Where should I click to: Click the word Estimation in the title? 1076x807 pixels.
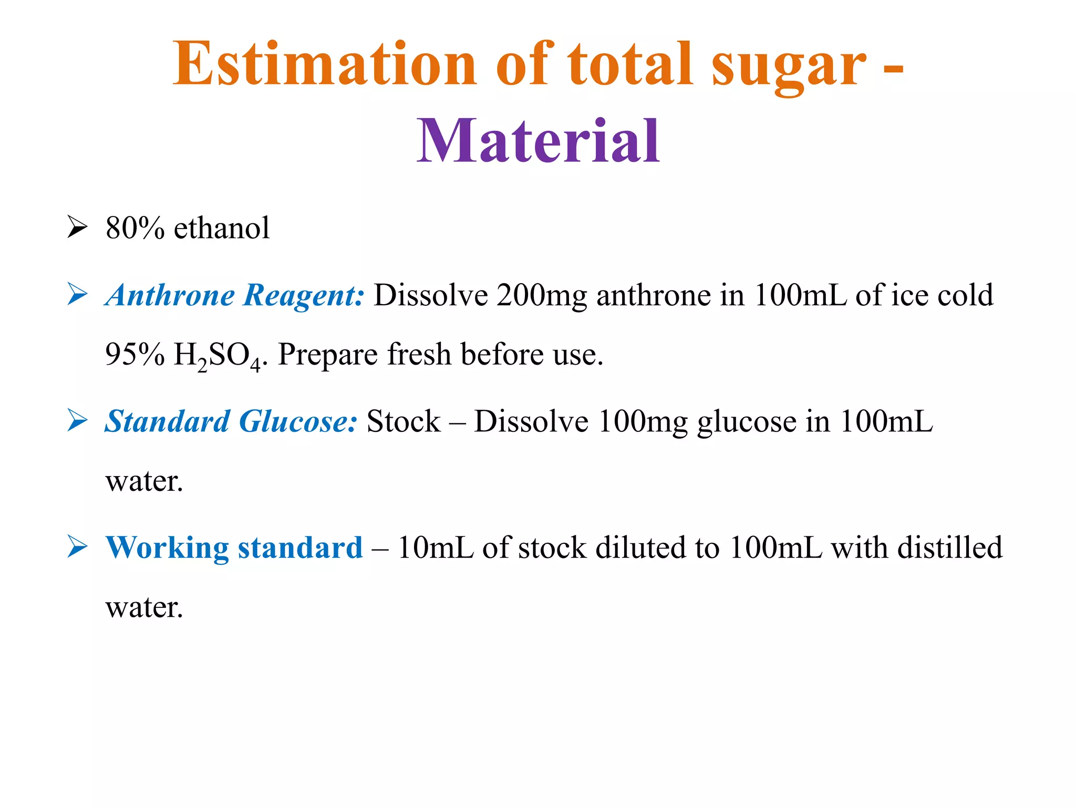click(x=324, y=64)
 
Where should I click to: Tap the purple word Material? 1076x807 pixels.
click(x=537, y=141)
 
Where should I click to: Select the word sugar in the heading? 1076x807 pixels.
click(x=789, y=66)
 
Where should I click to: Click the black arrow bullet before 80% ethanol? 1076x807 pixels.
click(x=77, y=228)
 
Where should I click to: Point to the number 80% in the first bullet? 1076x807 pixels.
click(x=135, y=228)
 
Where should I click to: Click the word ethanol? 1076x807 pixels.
click(x=222, y=228)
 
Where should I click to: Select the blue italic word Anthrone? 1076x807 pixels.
click(x=170, y=295)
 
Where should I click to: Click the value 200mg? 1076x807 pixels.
click(x=542, y=295)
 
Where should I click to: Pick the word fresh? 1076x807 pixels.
click(x=419, y=354)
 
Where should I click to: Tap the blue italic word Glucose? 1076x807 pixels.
click(x=298, y=421)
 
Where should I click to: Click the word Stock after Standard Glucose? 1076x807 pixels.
click(x=403, y=421)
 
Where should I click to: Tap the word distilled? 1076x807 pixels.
click(x=950, y=547)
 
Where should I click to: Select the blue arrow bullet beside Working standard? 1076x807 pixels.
click(x=77, y=547)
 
